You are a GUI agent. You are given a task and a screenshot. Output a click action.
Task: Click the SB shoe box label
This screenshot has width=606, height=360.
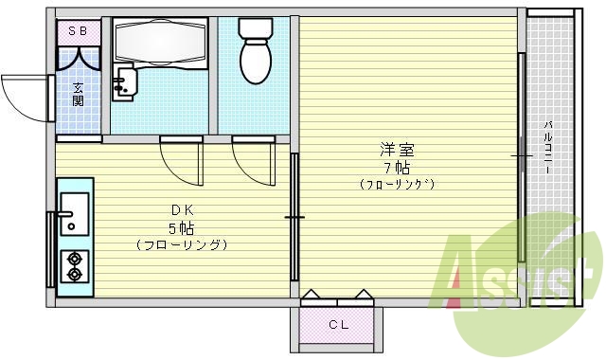[x=79, y=31]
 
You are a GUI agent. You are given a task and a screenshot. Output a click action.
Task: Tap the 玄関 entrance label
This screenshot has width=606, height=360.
[x=78, y=93]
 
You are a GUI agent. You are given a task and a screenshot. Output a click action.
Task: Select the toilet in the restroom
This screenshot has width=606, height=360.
[x=255, y=52]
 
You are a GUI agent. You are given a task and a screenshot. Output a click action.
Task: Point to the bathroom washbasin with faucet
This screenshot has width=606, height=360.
[x=123, y=84]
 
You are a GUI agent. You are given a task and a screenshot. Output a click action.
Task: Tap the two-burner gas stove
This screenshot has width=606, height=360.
[x=73, y=266]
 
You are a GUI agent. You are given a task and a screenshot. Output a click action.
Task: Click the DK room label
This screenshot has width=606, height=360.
[x=181, y=210]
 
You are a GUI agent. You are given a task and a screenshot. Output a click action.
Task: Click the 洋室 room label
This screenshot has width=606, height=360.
[x=396, y=150]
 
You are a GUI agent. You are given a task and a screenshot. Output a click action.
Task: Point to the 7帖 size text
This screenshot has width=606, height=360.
[x=396, y=167]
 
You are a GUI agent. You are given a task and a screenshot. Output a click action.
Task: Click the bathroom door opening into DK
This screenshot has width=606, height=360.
[x=182, y=160]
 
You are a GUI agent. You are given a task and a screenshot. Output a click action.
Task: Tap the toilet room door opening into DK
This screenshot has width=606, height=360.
[x=254, y=160]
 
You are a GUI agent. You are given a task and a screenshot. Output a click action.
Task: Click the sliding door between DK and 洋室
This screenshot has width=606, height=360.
[x=294, y=217]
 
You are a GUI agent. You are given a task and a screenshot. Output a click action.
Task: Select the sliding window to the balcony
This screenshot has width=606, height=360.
[x=521, y=156]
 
